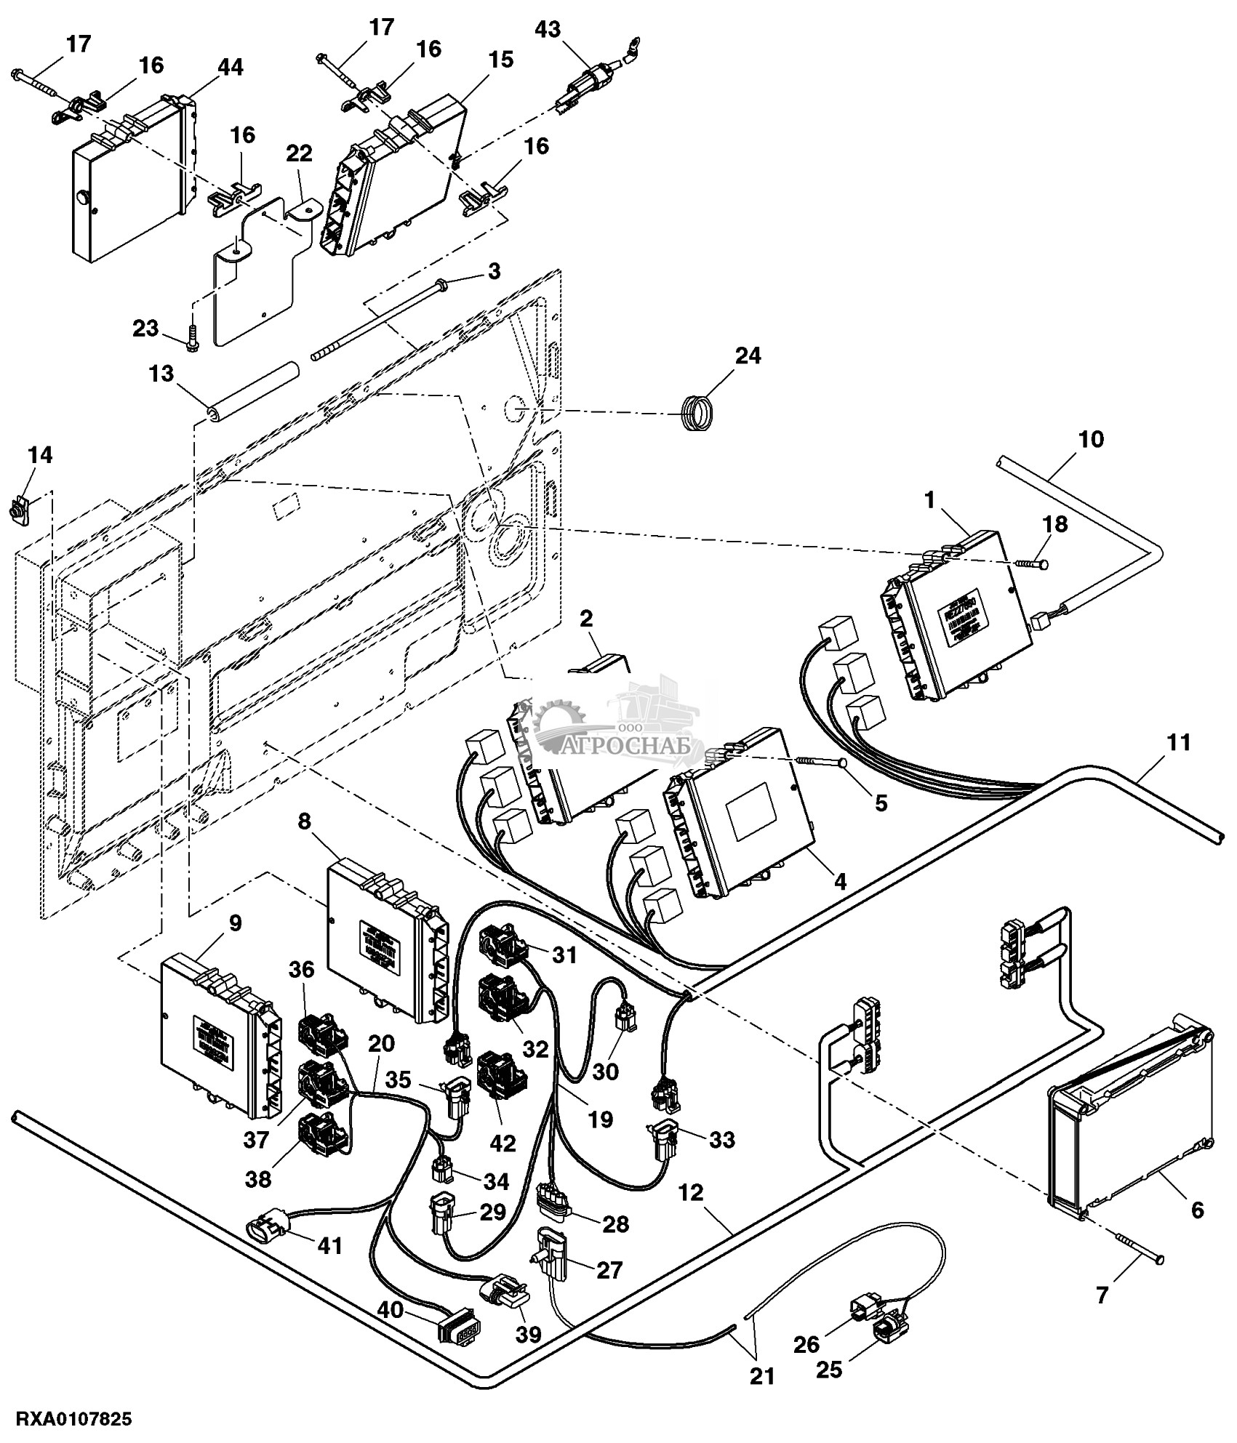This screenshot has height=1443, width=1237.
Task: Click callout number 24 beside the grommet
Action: (x=748, y=356)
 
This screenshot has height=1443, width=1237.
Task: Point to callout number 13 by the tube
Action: (x=161, y=374)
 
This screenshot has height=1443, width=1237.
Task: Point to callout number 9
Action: (x=235, y=923)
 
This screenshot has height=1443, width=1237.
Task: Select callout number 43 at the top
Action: (x=548, y=30)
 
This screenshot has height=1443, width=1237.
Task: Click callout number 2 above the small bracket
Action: (x=586, y=619)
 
